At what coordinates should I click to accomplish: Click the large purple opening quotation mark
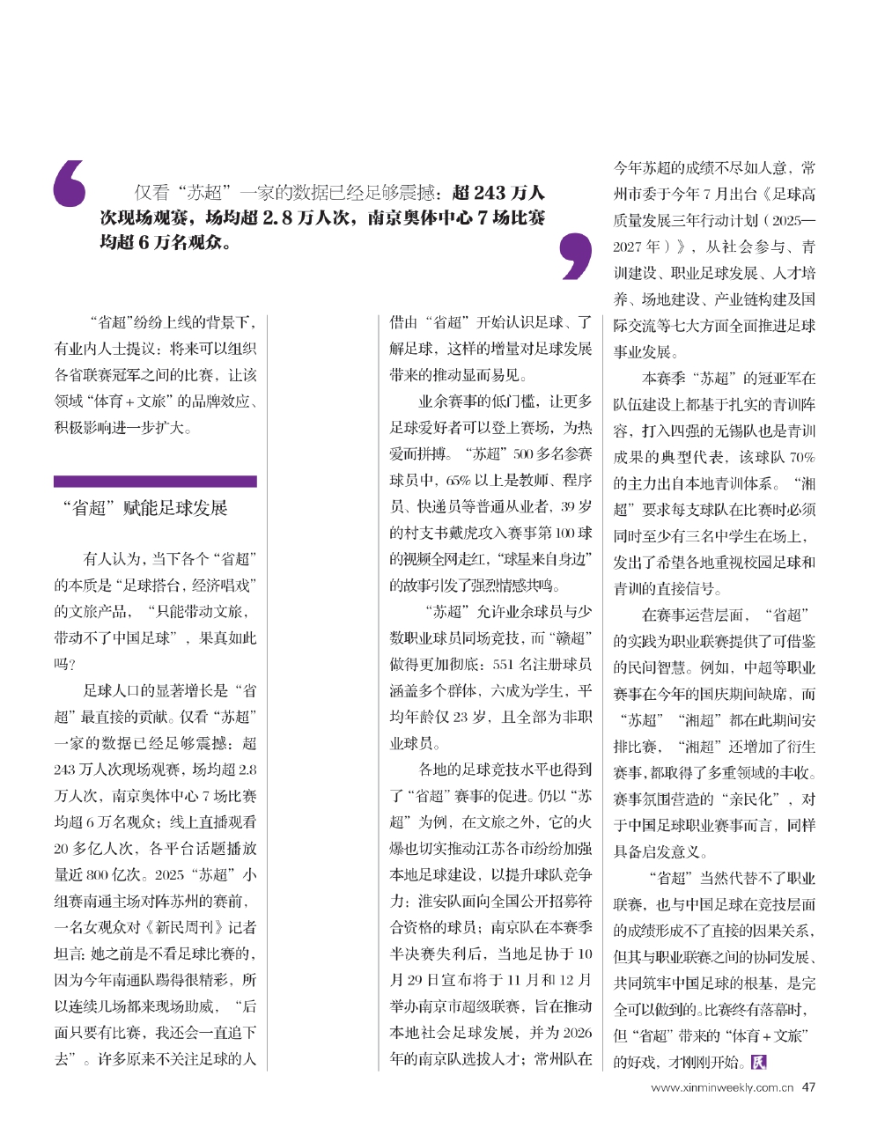(70, 184)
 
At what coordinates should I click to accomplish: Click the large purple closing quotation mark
(576, 255)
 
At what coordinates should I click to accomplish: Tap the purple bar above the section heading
(155, 482)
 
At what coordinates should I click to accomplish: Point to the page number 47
(808, 1087)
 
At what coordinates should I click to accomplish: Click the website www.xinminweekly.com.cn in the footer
(715, 1088)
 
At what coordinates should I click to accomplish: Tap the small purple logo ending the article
(757, 1062)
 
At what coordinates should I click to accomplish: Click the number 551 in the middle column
(503, 664)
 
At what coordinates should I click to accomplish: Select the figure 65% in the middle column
(459, 481)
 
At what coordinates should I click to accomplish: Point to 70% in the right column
(802, 457)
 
